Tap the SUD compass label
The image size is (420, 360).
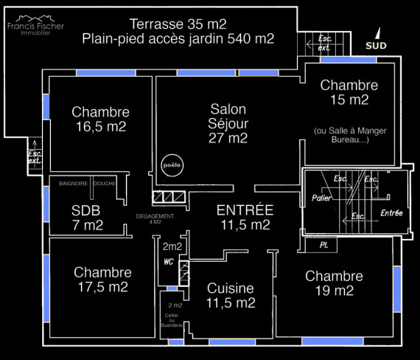click(376, 46)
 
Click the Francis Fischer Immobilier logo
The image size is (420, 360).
click(35, 26)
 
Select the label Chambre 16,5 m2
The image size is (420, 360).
click(101, 119)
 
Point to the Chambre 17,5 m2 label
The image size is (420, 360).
click(103, 280)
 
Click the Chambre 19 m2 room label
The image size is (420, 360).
click(335, 283)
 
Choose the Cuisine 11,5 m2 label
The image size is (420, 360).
click(231, 296)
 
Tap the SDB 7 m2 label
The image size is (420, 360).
click(87, 218)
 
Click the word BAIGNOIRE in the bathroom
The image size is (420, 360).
click(74, 184)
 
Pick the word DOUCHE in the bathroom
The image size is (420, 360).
click(105, 184)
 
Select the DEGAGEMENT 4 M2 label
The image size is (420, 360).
click(155, 219)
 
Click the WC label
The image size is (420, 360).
click(169, 262)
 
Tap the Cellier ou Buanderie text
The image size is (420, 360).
click(172, 320)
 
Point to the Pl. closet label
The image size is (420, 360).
click(324, 245)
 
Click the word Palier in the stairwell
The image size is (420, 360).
click(321, 198)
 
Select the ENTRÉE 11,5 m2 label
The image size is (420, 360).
click(245, 218)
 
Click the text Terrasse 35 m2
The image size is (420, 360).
click(178, 24)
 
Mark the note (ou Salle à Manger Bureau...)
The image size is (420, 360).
click(350, 135)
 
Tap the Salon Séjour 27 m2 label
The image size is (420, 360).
click(228, 124)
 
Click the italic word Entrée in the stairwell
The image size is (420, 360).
click(391, 213)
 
